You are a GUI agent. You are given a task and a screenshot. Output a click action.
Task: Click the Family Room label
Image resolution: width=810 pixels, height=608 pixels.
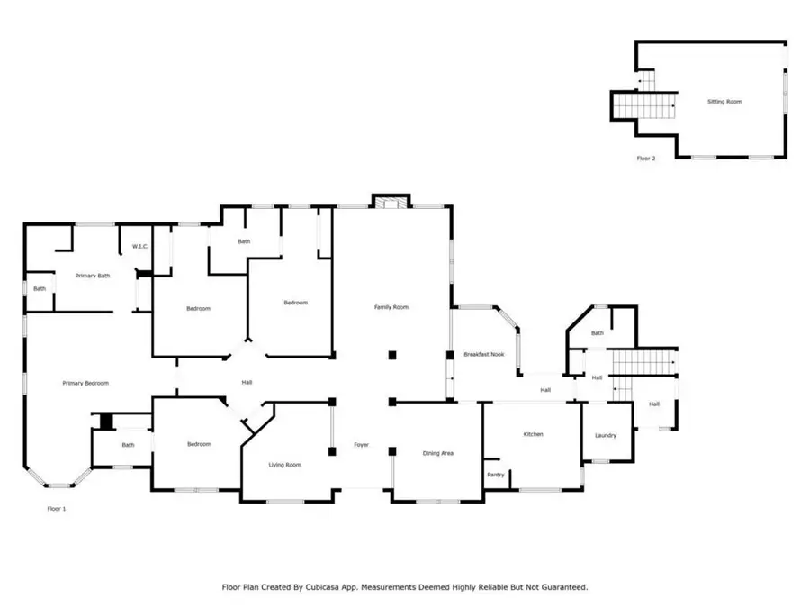click(391, 307)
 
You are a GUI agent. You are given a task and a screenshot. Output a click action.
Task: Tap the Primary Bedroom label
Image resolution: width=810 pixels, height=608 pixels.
click(85, 383)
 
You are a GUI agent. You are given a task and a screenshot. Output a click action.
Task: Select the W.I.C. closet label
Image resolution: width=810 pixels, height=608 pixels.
click(139, 246)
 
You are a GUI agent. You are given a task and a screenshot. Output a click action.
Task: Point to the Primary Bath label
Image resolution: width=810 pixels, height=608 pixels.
click(92, 276)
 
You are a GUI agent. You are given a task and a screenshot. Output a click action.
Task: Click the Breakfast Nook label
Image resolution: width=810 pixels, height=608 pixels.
click(484, 354)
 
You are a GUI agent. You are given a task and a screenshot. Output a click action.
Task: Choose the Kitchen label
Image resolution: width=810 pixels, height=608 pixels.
click(534, 434)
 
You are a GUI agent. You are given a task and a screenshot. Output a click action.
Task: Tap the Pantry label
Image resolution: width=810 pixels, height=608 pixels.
click(495, 475)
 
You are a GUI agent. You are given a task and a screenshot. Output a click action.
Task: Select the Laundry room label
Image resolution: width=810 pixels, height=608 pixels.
click(606, 436)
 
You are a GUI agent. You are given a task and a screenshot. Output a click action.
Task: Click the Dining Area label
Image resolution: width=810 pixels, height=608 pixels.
click(437, 453)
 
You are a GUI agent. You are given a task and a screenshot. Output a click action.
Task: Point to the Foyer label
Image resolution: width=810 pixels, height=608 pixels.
click(361, 444)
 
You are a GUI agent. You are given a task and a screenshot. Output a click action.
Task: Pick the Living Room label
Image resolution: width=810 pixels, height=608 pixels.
click(285, 465)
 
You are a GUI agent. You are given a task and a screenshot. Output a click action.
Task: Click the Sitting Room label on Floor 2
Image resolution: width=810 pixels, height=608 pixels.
click(724, 102)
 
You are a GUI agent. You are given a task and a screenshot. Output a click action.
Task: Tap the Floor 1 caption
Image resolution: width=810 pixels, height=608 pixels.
click(57, 509)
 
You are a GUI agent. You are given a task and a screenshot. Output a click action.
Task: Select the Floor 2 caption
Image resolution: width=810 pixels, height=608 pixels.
click(646, 158)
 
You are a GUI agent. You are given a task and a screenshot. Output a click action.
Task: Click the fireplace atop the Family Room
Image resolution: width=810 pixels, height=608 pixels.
click(391, 201)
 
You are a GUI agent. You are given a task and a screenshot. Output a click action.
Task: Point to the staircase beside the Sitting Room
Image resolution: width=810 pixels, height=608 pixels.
click(646, 106)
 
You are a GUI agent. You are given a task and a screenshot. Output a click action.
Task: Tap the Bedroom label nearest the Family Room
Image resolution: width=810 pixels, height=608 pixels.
click(296, 303)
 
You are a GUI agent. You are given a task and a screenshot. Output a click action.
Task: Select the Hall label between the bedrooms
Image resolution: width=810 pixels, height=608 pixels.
click(247, 383)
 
